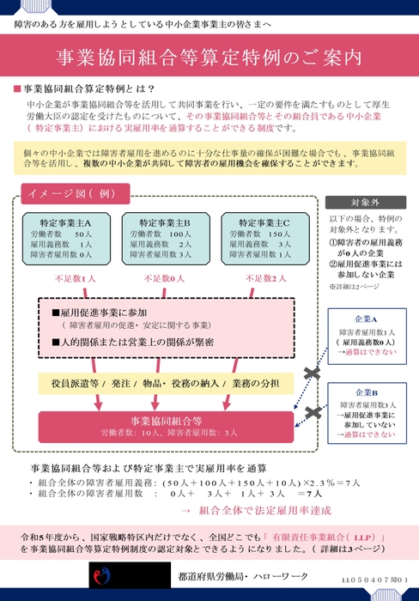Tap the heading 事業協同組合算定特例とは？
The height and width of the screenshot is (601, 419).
87,89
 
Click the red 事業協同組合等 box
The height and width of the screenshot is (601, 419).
167,427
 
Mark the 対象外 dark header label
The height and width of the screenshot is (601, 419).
361,203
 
